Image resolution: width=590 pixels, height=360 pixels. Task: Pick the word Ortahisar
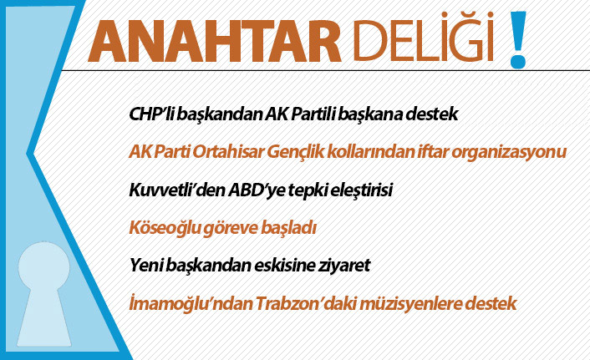coord(233,152)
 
